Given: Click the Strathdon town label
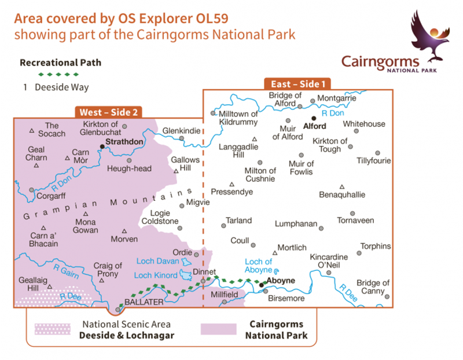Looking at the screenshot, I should [123, 141].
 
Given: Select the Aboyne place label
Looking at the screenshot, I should [281, 280].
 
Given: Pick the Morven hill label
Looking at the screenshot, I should [125, 239].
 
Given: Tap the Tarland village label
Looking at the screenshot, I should [239, 221].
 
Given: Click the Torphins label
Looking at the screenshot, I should [376, 246].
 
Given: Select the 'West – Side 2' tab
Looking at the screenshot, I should [108, 112].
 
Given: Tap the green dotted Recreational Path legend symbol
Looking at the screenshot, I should [57, 75].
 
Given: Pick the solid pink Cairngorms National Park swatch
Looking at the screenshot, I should [218, 329].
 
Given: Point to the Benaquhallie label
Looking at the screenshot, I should [342, 195].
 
